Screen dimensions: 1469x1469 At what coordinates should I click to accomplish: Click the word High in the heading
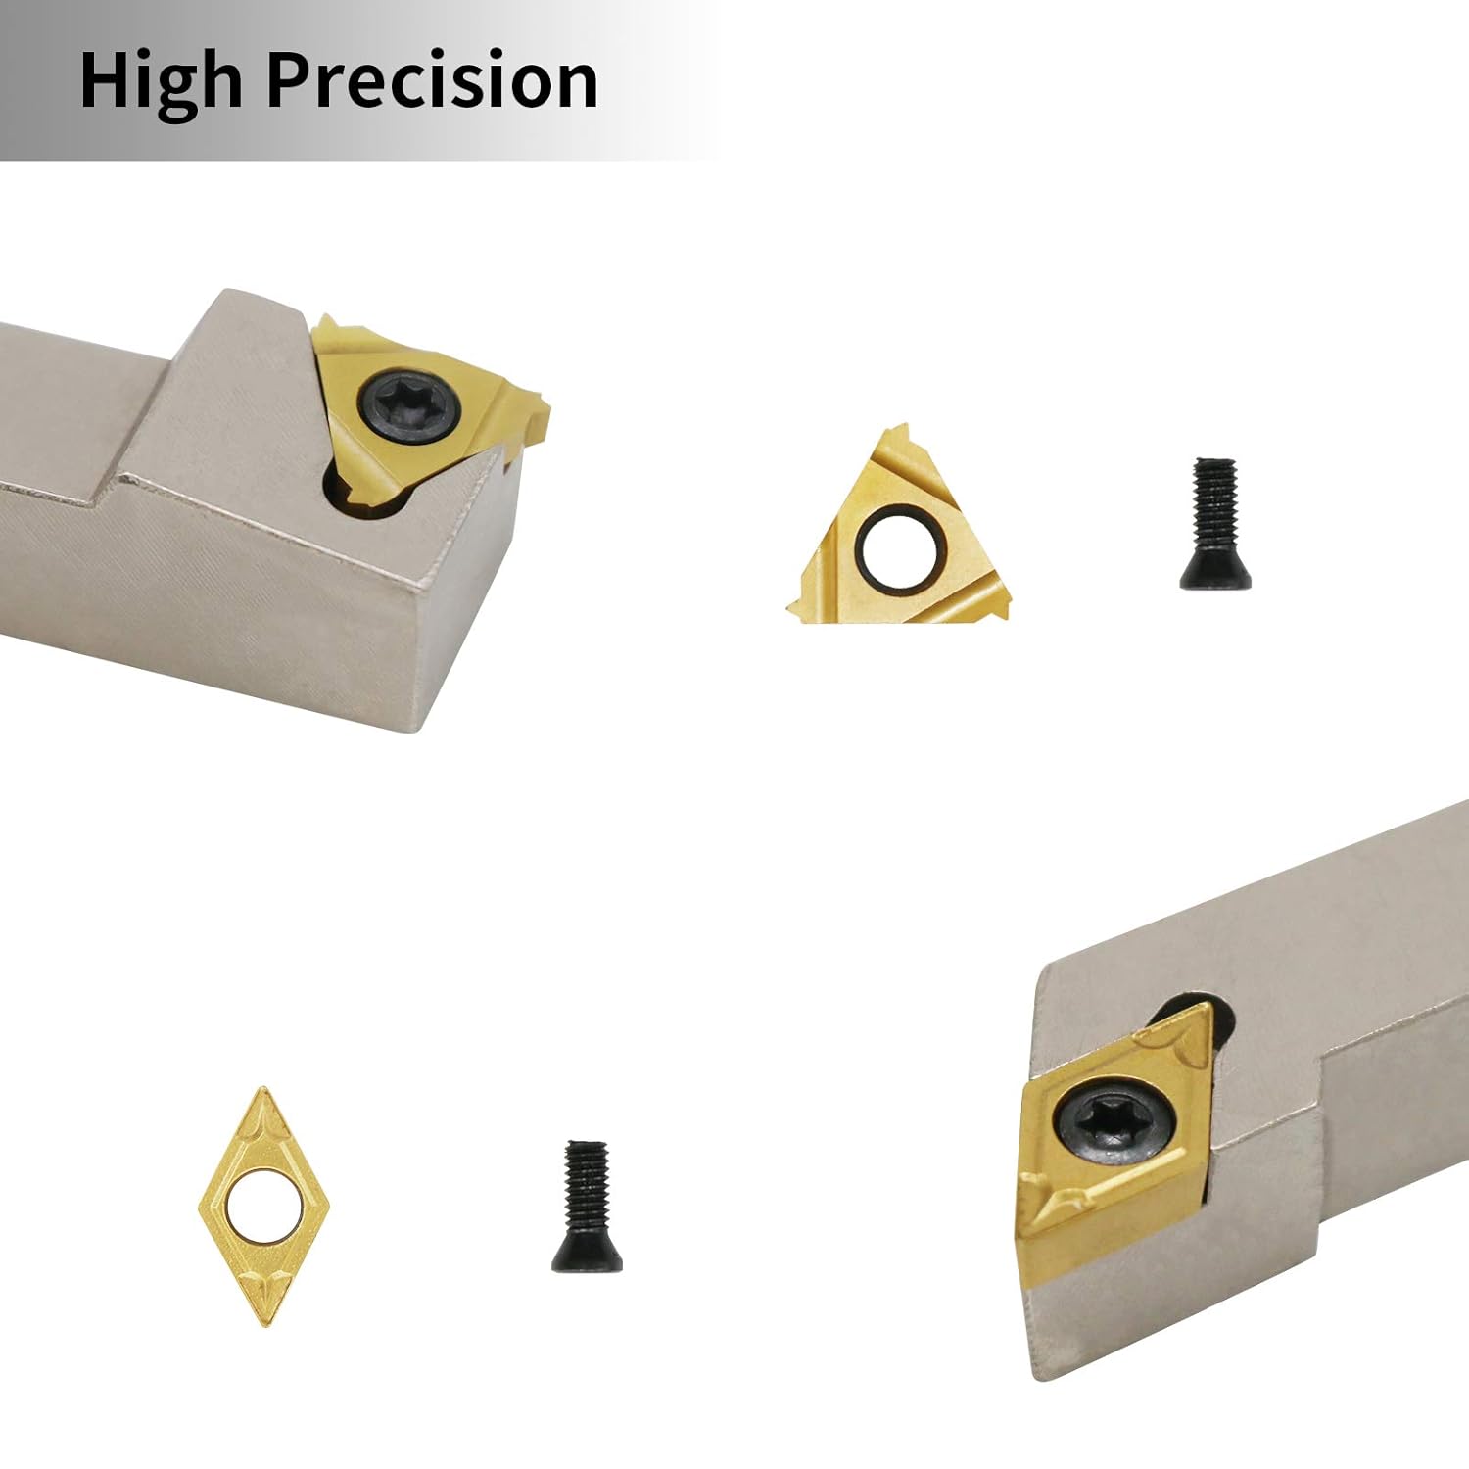coord(161,82)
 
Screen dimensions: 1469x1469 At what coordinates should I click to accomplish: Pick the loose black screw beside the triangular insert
coord(1214,524)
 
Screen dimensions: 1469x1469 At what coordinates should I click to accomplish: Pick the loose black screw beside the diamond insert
coord(586,1207)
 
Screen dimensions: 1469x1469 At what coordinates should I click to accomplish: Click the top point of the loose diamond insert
coord(261,1090)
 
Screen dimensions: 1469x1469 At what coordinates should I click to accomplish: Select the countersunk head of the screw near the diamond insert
coord(587,1256)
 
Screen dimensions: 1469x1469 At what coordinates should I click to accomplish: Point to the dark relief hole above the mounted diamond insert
coord(1187,1014)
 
